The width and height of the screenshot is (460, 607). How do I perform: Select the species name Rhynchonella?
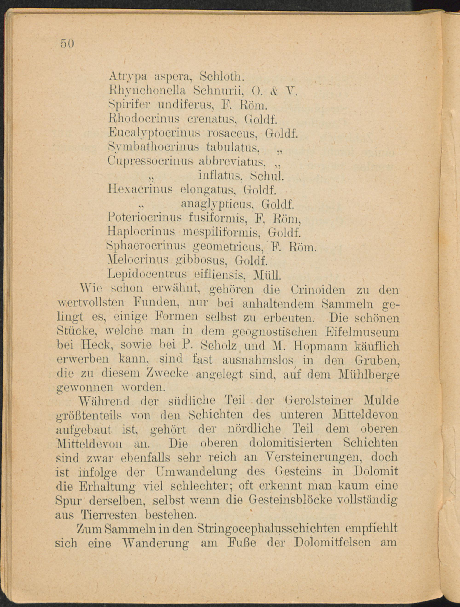(x=147, y=90)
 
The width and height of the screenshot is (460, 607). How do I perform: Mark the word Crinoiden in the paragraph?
(x=318, y=290)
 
